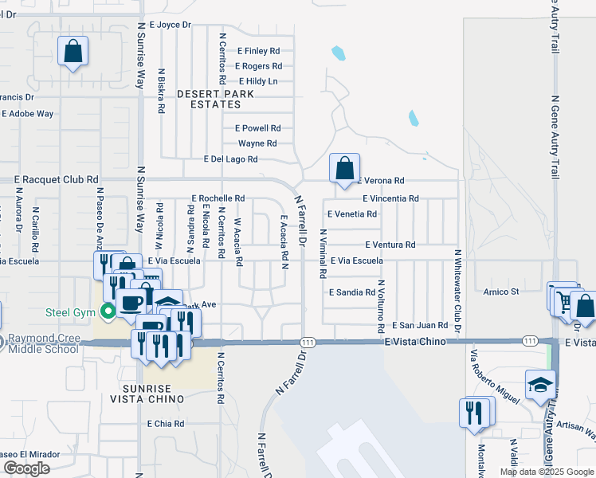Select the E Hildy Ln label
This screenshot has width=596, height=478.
(258, 81)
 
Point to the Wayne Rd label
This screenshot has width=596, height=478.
(257, 143)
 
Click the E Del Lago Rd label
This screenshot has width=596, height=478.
(231, 159)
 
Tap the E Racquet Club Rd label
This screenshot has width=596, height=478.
(56, 180)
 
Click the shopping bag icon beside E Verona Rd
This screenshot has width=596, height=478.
(344, 169)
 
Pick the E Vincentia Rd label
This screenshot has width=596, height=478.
(390, 198)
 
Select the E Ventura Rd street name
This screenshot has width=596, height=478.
(390, 245)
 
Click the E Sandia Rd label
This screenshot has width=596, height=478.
(352, 292)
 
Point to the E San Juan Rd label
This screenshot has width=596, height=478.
(423, 325)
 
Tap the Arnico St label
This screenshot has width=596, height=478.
(501, 292)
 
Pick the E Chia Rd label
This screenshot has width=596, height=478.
(166, 424)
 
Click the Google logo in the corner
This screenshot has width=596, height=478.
(26, 468)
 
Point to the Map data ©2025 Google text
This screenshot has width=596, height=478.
(546, 472)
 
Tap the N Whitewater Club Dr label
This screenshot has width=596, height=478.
(458, 291)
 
